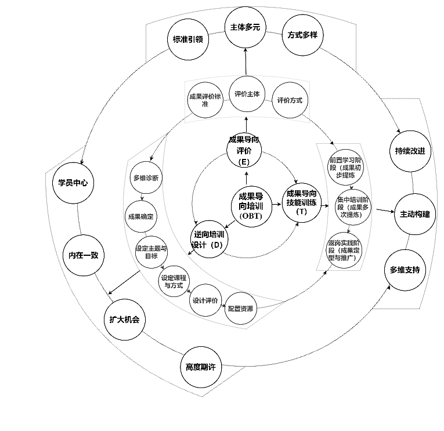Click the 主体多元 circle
point(245,27)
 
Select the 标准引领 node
point(187,39)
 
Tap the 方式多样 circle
point(302,35)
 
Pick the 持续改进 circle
point(410,151)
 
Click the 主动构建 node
point(414,214)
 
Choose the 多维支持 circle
point(404,270)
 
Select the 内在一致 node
point(83,255)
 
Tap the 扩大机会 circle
point(124,320)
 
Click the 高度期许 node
point(200,367)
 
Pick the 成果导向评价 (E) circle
point(244,150)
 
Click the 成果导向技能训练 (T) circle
point(301,201)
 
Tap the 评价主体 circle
point(247,94)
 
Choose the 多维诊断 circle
point(146,178)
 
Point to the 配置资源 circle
point(240,309)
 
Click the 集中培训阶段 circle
point(353,207)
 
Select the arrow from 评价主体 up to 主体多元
point(245,61)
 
